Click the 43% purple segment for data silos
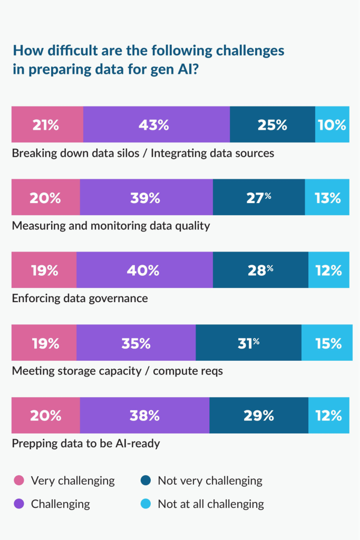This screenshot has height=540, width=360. click(x=156, y=124)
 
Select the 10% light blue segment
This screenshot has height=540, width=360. click(x=332, y=124)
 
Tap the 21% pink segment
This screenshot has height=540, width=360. click(x=47, y=124)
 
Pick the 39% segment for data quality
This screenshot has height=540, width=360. click(x=146, y=197)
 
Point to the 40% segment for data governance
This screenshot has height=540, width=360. click(x=144, y=270)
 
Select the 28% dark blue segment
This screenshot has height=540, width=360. click(x=260, y=270)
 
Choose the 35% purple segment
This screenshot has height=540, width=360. click(x=136, y=343)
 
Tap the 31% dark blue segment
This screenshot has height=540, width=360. click(x=248, y=343)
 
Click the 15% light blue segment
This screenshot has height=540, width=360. click(x=327, y=343)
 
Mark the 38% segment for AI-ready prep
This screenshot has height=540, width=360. click(x=144, y=416)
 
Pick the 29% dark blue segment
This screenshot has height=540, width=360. click(x=258, y=416)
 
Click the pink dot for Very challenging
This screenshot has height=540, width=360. click(x=19, y=480)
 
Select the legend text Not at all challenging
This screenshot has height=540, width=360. click(x=211, y=504)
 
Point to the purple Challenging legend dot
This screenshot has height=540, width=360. click(x=19, y=504)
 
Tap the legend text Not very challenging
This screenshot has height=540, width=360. click(x=210, y=480)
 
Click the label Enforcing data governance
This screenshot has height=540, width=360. click(x=80, y=298)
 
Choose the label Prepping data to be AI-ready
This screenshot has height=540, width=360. click(x=85, y=443)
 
